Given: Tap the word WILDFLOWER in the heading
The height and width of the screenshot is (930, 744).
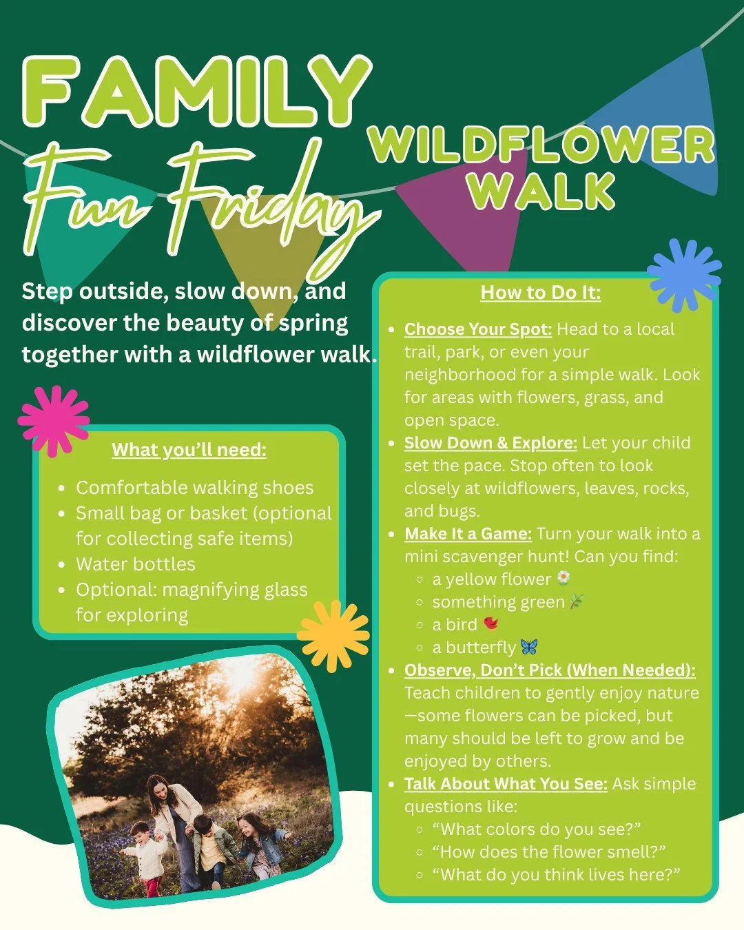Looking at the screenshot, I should pyautogui.click(x=541, y=145).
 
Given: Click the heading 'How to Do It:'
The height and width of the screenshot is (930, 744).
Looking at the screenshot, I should pyautogui.click(x=540, y=293).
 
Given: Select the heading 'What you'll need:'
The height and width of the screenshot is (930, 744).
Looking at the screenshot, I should pyautogui.click(x=189, y=450).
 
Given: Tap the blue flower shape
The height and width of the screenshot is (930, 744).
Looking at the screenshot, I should pyautogui.click(x=684, y=274).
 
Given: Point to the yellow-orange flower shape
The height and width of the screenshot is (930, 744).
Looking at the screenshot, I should pyautogui.click(x=333, y=634).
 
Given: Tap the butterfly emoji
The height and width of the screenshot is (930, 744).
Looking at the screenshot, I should pyautogui.click(x=529, y=647).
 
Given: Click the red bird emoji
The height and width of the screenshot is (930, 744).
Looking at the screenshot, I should pyautogui.click(x=490, y=623).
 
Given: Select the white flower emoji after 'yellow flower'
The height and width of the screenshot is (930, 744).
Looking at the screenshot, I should pyautogui.click(x=563, y=578).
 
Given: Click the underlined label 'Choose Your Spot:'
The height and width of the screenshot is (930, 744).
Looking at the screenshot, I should pyautogui.click(x=477, y=329).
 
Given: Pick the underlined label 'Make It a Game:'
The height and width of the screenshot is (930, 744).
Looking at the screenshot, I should pyautogui.click(x=468, y=534).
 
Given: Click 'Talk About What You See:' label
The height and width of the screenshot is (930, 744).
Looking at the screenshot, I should pyautogui.click(x=506, y=784).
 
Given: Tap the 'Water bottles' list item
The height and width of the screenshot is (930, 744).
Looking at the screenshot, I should pyautogui.click(x=136, y=564).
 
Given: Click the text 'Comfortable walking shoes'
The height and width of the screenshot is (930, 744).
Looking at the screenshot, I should pyautogui.click(x=194, y=488).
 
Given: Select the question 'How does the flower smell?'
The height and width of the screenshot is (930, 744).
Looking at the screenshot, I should pyautogui.click(x=548, y=852).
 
